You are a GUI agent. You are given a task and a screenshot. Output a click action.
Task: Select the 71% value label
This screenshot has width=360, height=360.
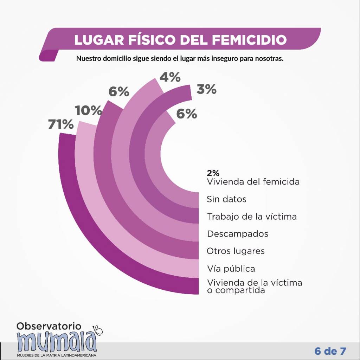coord(61,125)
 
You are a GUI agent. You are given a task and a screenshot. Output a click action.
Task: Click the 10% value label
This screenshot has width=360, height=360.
coord(88,111)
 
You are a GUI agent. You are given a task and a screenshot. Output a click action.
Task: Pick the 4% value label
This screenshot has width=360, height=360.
coord(170,77)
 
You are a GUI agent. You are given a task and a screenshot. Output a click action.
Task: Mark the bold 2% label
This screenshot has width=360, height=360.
coord(213,173)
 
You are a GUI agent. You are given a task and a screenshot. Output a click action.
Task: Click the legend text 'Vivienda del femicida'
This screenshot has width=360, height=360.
coord(253,182)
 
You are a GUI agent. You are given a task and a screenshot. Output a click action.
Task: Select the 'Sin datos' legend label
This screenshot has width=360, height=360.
coord(226,199)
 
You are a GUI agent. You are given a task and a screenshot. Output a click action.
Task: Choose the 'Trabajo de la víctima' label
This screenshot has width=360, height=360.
coord(252,217)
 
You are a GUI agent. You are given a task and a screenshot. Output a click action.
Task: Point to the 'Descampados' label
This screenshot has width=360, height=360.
coord(238,234)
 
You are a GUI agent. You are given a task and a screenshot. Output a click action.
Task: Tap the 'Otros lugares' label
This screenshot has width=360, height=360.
coord(236,251)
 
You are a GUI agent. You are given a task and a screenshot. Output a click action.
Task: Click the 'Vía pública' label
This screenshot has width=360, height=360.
coord(231,269)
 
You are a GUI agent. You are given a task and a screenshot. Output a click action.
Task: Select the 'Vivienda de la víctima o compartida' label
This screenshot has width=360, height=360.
coord(255,287)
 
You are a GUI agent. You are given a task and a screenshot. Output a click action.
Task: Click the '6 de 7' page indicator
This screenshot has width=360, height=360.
coord(330,351)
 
